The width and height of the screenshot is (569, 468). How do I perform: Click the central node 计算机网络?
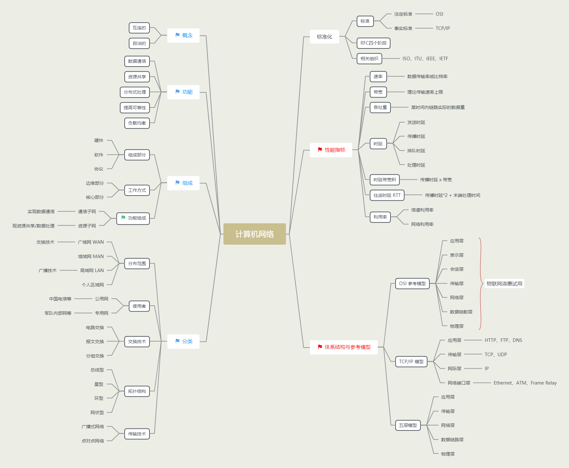pos(254,234)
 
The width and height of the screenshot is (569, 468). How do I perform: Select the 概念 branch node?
pos(184,35)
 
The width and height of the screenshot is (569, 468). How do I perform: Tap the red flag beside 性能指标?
pos(320,150)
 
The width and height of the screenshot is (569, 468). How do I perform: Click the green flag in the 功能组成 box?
pos(123,218)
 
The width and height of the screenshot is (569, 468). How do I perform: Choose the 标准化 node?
pos(324,37)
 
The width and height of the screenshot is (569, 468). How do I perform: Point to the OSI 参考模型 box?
pos(412,284)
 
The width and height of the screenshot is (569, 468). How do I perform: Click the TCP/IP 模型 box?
pos(411,362)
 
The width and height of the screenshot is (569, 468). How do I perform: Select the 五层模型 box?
pos(408,425)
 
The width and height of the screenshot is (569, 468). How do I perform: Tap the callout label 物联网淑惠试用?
pos(504,284)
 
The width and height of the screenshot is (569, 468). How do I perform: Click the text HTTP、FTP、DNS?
pos(503,340)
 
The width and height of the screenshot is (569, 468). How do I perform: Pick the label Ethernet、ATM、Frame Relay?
pos(525,383)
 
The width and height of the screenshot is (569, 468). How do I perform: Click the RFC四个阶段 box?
pos(373,43)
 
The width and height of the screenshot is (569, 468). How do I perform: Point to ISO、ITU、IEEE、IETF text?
pos(425,59)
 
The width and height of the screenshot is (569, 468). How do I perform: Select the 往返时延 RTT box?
pos(387,195)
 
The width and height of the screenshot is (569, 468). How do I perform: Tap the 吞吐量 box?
pos(380,107)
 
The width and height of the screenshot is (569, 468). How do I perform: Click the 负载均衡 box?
pos(137,123)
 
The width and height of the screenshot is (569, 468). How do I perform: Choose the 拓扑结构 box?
pos(137,391)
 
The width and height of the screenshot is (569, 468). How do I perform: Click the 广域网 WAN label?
pos(91,242)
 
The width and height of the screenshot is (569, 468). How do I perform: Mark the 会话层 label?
pos(456,269)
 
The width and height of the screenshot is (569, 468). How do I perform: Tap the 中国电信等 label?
pos(60,299)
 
